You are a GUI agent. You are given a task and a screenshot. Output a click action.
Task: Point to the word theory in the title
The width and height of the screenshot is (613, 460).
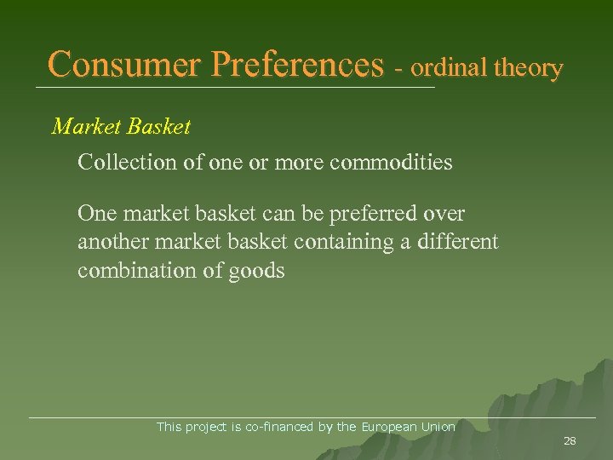[x=527, y=68]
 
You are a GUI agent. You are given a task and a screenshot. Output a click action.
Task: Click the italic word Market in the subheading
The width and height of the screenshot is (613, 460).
[x=85, y=127]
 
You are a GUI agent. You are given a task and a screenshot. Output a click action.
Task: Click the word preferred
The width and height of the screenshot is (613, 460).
[x=377, y=213]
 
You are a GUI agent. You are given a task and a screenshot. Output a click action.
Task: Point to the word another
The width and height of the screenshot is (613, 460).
[x=111, y=242]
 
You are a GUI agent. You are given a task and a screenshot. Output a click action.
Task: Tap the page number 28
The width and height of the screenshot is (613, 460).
[x=570, y=440]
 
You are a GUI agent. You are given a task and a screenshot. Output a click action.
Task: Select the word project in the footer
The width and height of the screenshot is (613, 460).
[x=205, y=427]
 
